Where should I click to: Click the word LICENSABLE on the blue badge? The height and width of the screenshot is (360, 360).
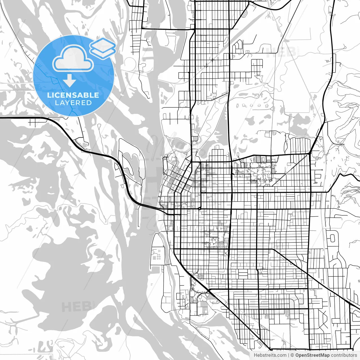point(73,95)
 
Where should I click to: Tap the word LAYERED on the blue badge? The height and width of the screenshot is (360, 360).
point(73,103)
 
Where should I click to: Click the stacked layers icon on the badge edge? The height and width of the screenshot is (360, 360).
point(103,48)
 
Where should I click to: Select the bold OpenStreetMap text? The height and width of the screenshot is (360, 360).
point(312,355)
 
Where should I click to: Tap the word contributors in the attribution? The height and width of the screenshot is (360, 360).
point(344,355)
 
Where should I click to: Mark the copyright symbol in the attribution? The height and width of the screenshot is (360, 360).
point(292,355)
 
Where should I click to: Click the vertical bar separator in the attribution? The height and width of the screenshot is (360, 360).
point(289,355)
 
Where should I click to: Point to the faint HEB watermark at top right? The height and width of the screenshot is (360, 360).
point(281,53)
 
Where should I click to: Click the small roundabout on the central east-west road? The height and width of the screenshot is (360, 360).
point(199,208)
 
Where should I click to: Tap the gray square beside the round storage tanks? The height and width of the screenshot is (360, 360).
point(154,257)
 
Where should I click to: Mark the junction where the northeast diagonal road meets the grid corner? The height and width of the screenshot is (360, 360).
point(310,154)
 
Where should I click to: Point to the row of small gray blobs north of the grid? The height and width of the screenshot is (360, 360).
point(252,105)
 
